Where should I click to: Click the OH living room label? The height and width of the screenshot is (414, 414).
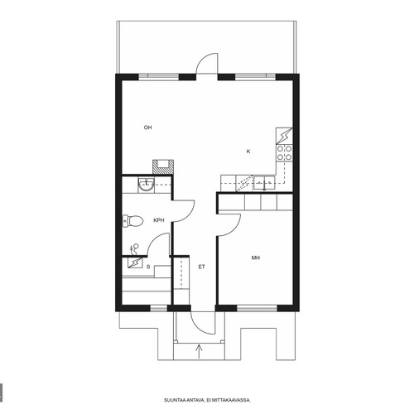click(x=147, y=128)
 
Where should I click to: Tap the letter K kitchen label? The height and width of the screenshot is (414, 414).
click(x=248, y=152)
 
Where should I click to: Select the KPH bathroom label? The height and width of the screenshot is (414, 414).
click(x=159, y=220)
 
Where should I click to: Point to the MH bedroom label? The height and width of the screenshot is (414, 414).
click(x=256, y=258)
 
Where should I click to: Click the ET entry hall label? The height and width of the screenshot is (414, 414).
click(x=202, y=267)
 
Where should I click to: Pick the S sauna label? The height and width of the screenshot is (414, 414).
click(x=148, y=267)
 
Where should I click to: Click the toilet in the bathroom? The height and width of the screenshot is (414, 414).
click(x=132, y=221)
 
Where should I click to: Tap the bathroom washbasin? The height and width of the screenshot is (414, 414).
click(x=147, y=185)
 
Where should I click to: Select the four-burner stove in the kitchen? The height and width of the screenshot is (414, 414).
click(x=284, y=153)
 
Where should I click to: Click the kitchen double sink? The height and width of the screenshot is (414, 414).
click(x=264, y=183)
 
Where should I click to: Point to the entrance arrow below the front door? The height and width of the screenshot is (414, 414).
click(x=199, y=351)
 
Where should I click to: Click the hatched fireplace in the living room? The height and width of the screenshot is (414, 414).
click(x=163, y=166)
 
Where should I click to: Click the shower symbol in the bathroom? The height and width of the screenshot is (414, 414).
click(x=134, y=249)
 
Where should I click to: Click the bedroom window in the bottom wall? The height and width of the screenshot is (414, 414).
click(x=257, y=308)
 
